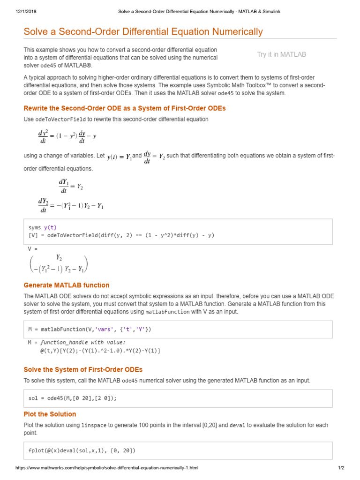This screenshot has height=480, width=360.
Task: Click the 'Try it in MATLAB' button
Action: [x=281, y=54]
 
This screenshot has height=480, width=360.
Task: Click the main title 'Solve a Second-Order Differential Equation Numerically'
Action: [x=143, y=32]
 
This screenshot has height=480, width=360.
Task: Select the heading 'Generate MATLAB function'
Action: [x=67, y=285]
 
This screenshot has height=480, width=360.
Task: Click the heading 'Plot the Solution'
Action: [x=50, y=414]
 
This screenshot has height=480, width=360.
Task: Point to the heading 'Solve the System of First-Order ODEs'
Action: [x=83, y=370]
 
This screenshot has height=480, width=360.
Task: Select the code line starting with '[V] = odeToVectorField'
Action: [x=121, y=235]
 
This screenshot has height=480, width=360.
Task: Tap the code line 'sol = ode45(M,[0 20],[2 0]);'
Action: [x=72, y=398]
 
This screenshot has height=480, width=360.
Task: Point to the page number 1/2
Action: [x=341, y=468]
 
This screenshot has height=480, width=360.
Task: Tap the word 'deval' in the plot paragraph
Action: [x=238, y=426]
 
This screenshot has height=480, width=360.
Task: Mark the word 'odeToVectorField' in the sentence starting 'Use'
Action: [x=60, y=120]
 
